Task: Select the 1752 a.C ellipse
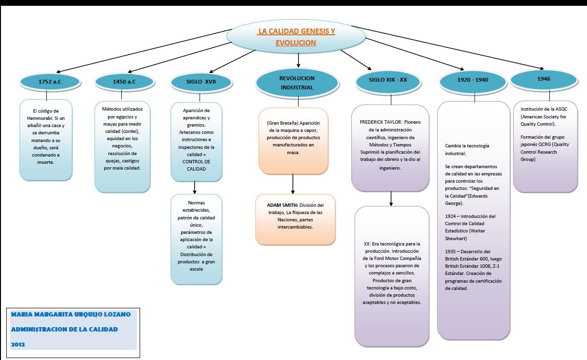(50, 82)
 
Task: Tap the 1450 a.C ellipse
(124, 82)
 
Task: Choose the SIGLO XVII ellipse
(200, 82)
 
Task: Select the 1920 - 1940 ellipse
(473, 80)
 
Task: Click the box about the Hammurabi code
(46, 140)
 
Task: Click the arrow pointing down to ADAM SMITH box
(293, 184)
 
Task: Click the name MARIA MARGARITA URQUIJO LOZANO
(70, 315)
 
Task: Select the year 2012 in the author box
(17, 345)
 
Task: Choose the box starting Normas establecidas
(196, 239)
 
